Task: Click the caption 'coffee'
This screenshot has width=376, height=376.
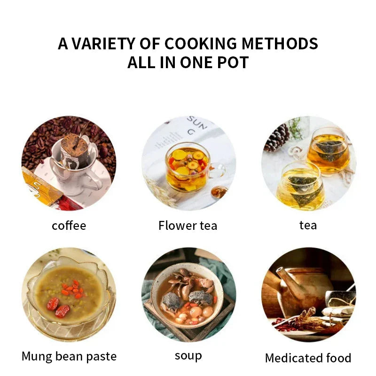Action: pyautogui.click(x=69, y=226)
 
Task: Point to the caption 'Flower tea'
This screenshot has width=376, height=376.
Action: pyautogui.click(x=188, y=226)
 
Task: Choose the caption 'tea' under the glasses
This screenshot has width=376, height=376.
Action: pyautogui.click(x=308, y=226)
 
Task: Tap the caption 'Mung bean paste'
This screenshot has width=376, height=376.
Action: pyautogui.click(x=69, y=356)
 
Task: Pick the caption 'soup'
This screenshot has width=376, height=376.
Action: pyautogui.click(x=188, y=356)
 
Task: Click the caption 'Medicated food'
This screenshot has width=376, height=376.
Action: pyautogui.click(x=308, y=358)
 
